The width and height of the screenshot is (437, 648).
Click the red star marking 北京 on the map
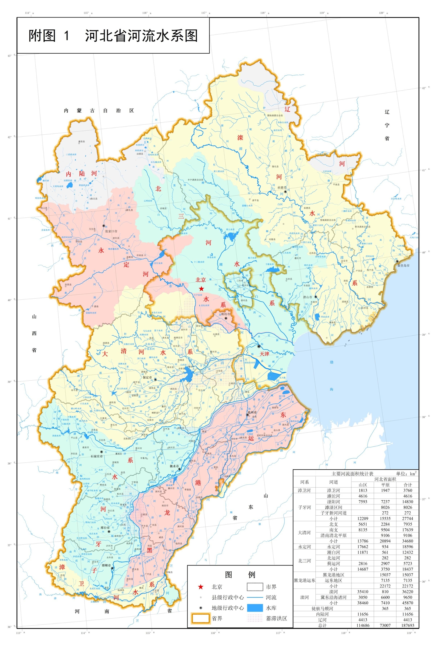(x=201, y=289)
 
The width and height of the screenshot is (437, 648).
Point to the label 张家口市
(x=111, y=231)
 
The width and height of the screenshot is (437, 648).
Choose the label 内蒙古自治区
(x=99, y=111)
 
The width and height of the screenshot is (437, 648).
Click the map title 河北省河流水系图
(x=141, y=36)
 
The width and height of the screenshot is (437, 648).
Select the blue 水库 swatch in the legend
(x=255, y=608)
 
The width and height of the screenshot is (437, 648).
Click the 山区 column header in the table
(x=363, y=485)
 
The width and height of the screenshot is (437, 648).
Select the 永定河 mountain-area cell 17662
(x=363, y=547)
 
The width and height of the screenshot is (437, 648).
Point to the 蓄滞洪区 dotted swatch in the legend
(x=255, y=618)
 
